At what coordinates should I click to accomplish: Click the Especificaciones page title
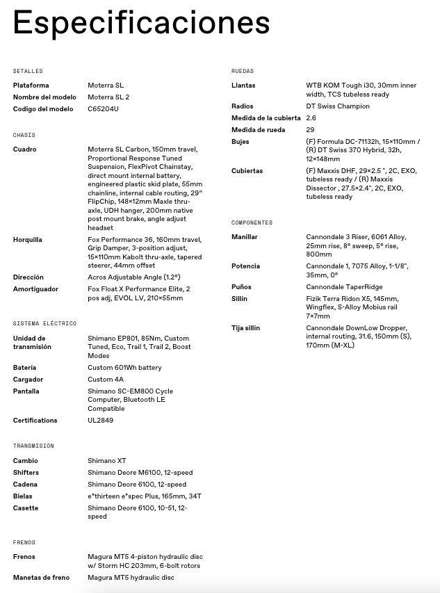[141, 23]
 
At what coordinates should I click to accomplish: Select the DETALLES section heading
[28, 71]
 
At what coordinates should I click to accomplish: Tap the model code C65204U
[104, 109]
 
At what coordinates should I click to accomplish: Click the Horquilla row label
[28, 240]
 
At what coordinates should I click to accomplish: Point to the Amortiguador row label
[35, 289]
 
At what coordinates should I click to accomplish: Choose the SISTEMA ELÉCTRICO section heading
[44, 323]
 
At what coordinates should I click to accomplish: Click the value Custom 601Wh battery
[124, 368]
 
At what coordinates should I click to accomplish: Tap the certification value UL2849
[100, 421]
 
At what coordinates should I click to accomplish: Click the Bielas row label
[23, 496]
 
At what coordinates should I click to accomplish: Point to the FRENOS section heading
[24, 542]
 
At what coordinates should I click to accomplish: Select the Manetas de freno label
[41, 578]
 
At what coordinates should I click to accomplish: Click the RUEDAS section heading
[243, 71]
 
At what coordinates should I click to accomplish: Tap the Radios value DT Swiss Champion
[338, 106]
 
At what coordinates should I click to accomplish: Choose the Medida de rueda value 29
[310, 130]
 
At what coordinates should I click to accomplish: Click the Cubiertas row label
[247, 171]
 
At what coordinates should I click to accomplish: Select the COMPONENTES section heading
[252, 222]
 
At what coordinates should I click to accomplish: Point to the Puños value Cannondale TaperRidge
[344, 287]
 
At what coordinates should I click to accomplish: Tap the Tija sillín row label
[245, 328]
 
